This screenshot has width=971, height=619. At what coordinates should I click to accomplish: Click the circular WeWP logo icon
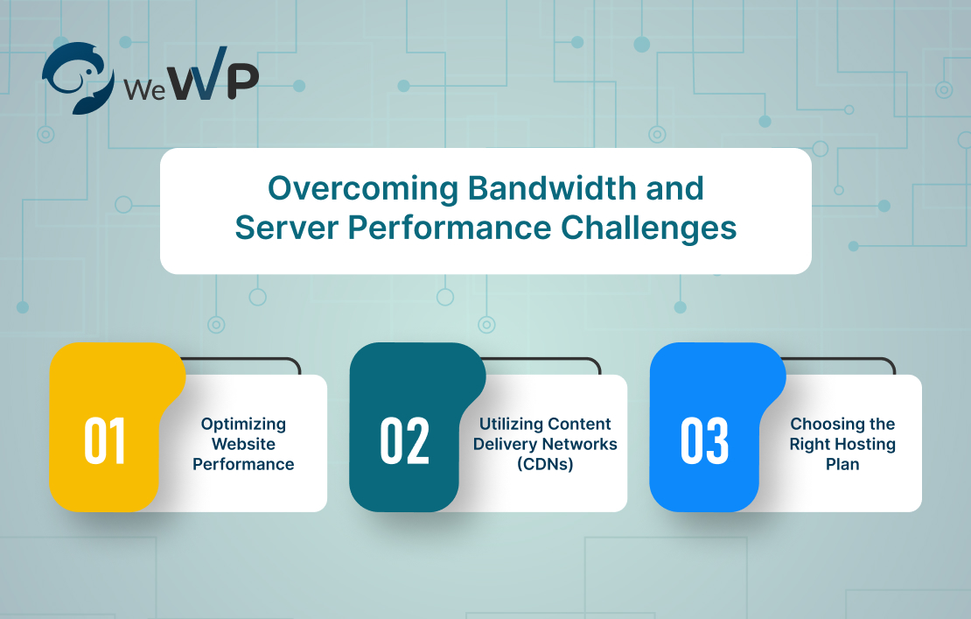78,77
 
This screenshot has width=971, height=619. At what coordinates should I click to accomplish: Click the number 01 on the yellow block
105,441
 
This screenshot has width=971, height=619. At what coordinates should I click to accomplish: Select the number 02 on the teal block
405,441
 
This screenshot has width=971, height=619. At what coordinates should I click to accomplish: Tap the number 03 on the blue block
706,441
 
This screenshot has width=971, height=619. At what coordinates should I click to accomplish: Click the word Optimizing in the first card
243,424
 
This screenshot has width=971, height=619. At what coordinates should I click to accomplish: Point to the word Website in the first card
243,444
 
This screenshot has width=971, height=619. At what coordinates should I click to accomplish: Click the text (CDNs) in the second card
545,464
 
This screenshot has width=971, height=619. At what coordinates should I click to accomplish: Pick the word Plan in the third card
842,464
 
